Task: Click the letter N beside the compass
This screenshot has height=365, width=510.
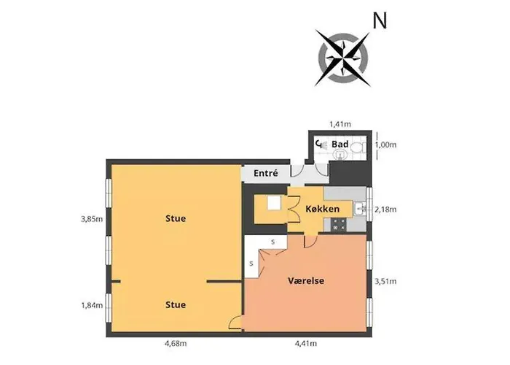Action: click(380, 21)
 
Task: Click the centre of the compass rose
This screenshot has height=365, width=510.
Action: click(343, 58)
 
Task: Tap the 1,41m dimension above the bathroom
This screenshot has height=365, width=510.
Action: click(340, 124)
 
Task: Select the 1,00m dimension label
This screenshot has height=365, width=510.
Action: click(385, 145)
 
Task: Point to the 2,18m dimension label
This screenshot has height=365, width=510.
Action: click(385, 210)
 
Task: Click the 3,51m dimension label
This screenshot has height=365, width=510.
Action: click(385, 281)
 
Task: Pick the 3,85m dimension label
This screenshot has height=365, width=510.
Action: click(92, 219)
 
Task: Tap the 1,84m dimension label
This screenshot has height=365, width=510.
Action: click(92, 306)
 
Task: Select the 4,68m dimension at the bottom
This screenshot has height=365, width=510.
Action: click(176, 343)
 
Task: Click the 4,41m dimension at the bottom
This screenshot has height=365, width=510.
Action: click(306, 343)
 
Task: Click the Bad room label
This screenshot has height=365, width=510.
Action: click(340, 144)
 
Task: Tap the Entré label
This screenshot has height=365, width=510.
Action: click(266, 173)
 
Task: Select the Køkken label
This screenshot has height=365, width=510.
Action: click(322, 209)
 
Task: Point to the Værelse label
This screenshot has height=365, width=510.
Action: click(306, 280)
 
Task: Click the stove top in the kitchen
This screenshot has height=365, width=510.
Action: click(339, 225)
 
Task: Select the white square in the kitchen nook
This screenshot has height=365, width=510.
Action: click(274, 204)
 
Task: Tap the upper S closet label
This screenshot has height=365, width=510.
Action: click(273, 242)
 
